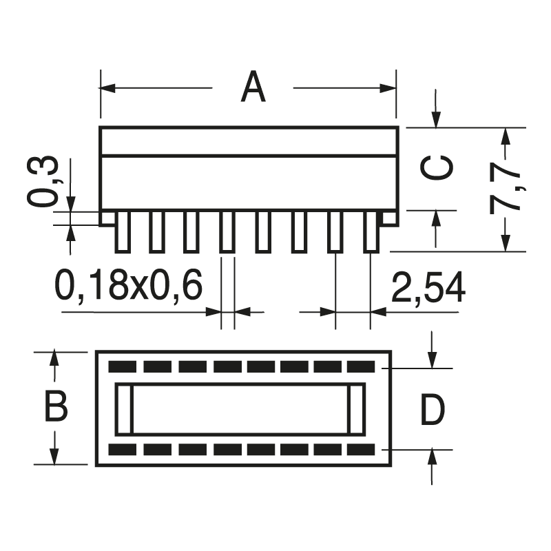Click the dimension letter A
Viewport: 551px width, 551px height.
[x=253, y=87]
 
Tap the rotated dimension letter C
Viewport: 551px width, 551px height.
[x=437, y=168]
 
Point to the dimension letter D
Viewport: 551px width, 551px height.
[x=433, y=410]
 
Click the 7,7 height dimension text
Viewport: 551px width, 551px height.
[x=506, y=189]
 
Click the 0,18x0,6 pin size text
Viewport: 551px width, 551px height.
[x=128, y=286]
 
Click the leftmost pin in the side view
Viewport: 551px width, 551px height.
[x=121, y=231]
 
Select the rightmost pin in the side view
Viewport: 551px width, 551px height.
[x=371, y=231]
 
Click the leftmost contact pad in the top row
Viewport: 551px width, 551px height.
[x=123, y=366]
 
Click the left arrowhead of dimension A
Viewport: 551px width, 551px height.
[x=107, y=88]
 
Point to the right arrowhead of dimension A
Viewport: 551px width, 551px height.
[x=391, y=88]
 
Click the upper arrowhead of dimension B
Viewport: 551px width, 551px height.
[x=54, y=358]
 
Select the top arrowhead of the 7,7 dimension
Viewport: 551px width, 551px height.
[x=506, y=135]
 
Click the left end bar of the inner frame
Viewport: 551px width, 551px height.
[x=123, y=409]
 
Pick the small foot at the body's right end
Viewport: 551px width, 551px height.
[x=390, y=218]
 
